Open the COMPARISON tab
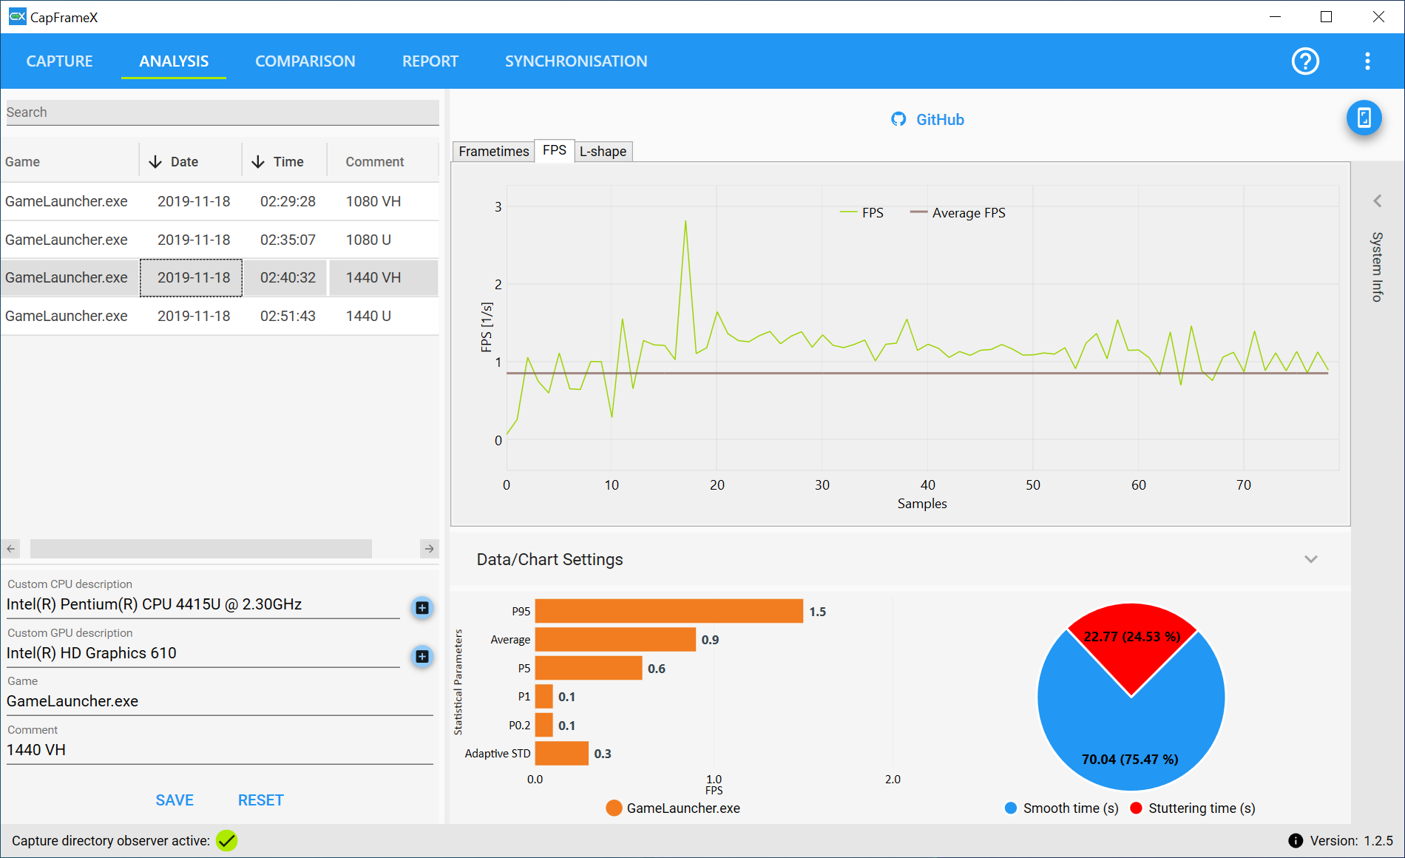point(305,61)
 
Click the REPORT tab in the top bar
point(430,61)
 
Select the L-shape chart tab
point(603,152)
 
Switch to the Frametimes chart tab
point(493,152)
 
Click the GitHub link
point(927,120)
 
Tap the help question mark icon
point(1305,61)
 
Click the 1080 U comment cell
point(368,240)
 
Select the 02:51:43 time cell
point(288,316)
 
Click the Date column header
point(184,162)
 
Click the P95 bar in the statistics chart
point(668,611)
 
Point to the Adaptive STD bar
point(561,753)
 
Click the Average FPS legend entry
point(958,213)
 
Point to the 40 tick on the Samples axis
point(927,485)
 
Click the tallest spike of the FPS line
point(685,221)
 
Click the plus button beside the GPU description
point(422,656)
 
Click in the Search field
point(222,112)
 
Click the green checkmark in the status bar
point(227,841)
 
